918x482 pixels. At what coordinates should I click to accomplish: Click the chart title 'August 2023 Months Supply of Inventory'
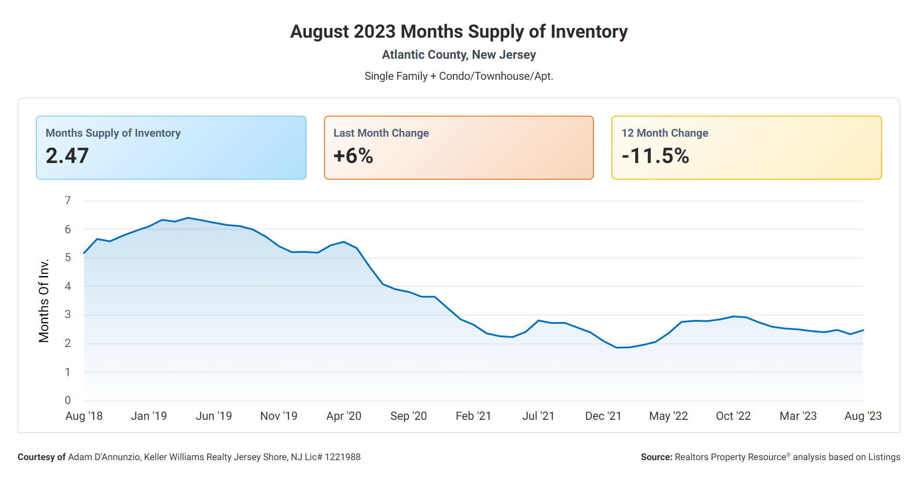click(459, 32)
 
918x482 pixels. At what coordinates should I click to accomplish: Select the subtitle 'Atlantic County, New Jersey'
click(459, 55)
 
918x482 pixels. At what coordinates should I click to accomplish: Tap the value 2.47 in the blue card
click(67, 156)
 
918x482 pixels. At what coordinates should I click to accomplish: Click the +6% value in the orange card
click(353, 156)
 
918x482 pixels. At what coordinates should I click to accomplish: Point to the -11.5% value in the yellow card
click(655, 156)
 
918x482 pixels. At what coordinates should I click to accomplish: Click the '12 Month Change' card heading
click(664, 133)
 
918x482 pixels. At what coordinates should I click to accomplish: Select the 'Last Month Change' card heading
click(381, 133)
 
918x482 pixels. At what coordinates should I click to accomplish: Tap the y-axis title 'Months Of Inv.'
click(44, 301)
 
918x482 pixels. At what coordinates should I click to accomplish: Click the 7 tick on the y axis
click(67, 201)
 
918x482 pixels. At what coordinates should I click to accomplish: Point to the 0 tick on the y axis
click(67, 400)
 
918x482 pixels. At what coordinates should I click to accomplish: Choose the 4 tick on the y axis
click(67, 287)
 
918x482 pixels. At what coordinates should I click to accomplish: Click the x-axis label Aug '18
click(84, 416)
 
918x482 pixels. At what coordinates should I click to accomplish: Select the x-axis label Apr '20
click(343, 416)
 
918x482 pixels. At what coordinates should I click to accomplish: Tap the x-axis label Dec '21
click(603, 416)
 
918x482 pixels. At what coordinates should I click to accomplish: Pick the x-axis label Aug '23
click(862, 416)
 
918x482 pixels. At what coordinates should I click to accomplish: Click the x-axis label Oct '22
click(733, 416)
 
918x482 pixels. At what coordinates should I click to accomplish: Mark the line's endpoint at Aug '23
click(863, 330)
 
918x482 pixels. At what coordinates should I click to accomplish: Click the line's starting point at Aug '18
click(84, 253)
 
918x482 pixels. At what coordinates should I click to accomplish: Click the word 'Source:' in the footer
click(656, 457)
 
